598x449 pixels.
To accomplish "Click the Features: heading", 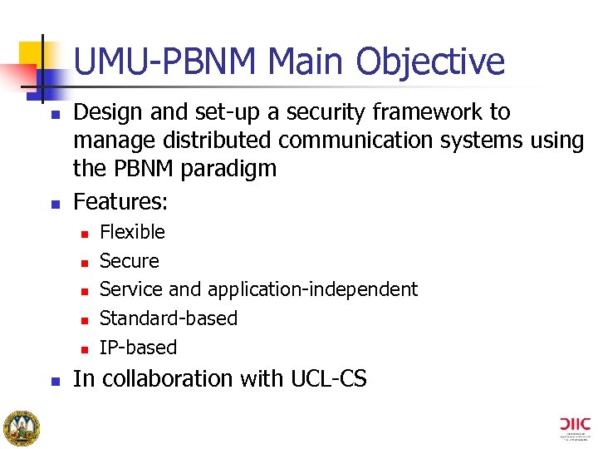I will coord(120,201).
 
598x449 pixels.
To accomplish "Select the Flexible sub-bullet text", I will coord(132,232).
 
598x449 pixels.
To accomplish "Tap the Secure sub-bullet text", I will coord(129,261).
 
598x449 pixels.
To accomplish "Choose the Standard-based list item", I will coord(168,318).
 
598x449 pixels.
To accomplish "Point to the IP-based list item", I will coord(138,348).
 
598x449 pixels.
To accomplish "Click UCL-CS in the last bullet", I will coord(328,379).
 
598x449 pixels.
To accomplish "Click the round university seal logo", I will coord(21,427).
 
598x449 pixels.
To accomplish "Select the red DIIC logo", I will coord(576,423).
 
